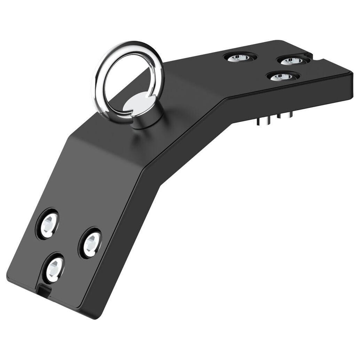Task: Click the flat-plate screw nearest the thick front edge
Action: click(x=282, y=76)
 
